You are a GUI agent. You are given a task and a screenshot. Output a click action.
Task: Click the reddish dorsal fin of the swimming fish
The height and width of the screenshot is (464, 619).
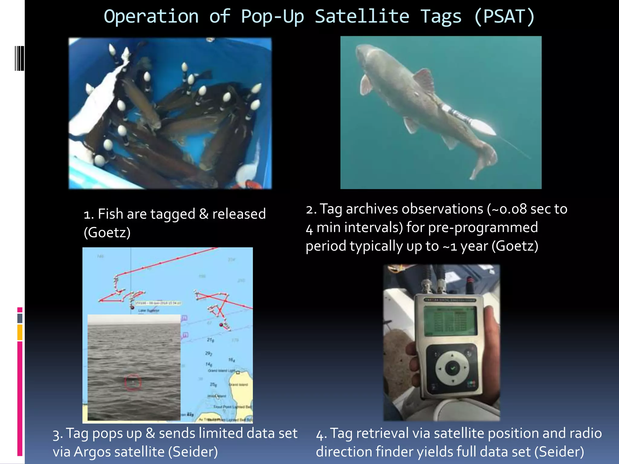pyautogui.click(x=424, y=80)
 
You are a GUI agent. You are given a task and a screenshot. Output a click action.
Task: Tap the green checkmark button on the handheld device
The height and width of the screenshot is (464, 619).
pyautogui.click(x=452, y=368)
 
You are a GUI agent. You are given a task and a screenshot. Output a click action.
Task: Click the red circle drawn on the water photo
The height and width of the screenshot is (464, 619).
pyautogui.click(x=133, y=382)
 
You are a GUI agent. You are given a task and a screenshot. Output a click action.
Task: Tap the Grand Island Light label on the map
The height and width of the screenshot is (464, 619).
pyautogui.click(x=221, y=371)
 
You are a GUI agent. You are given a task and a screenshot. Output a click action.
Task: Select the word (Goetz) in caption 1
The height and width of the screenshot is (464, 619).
pyautogui.click(x=107, y=233)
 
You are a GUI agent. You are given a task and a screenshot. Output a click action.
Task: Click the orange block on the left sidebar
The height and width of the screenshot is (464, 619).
pyautogui.click(x=20, y=332)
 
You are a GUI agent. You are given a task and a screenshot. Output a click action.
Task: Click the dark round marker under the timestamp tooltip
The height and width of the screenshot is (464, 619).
pyautogui.click(x=132, y=308)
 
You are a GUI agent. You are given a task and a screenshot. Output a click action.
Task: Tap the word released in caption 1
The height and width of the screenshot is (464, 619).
pyautogui.click(x=239, y=214)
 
